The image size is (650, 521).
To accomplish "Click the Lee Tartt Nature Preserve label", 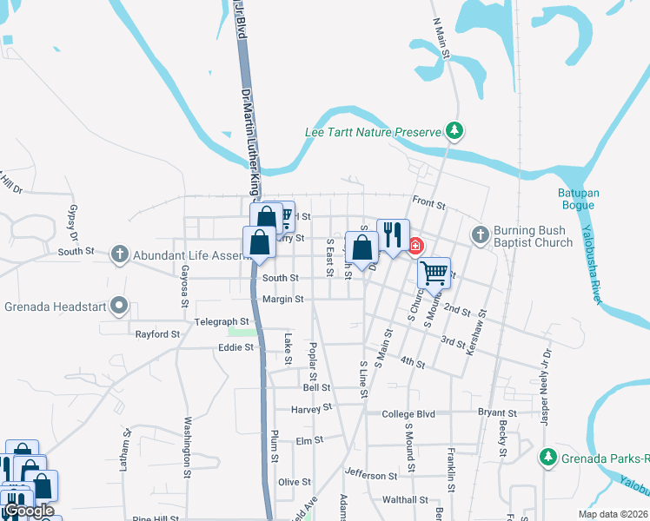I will [x=374, y=133].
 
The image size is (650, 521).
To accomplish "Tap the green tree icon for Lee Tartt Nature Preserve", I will [x=453, y=131].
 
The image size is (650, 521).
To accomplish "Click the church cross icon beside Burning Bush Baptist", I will [x=480, y=234].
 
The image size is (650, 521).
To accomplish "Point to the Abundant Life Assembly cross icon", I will [x=121, y=255].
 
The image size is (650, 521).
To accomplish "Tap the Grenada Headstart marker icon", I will [x=121, y=306].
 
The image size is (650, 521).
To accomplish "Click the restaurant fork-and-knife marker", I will [x=393, y=234].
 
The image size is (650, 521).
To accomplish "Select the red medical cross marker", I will [x=416, y=246].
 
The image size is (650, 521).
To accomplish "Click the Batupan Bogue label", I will [x=576, y=198].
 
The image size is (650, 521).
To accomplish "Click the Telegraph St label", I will [x=222, y=321].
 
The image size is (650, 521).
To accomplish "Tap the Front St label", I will [x=428, y=206].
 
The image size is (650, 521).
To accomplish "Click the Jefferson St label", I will [x=371, y=475].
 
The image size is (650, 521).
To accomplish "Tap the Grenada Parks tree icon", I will [x=547, y=457].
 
